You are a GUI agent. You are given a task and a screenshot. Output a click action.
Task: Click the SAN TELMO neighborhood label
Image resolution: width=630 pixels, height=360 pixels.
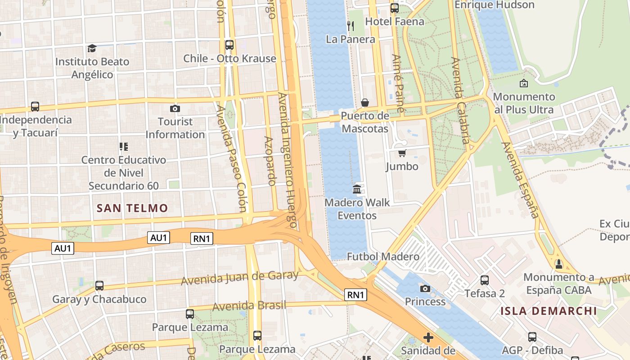(x=132, y=208)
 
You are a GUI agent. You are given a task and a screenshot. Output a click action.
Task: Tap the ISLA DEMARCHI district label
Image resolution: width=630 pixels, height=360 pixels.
(x=549, y=311)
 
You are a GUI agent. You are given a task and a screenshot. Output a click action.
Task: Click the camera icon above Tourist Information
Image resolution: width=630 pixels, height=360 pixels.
(x=175, y=108)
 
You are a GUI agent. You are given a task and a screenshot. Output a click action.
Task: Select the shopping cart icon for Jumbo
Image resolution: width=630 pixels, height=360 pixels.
(x=402, y=153)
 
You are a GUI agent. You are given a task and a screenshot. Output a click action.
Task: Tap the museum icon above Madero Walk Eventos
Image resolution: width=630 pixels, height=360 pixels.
(x=357, y=189)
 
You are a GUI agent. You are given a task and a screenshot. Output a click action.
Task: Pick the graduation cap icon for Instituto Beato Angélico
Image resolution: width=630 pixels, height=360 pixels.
(x=92, y=48)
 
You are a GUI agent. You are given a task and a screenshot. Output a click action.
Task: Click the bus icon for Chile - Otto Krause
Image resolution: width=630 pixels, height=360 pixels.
(x=229, y=45)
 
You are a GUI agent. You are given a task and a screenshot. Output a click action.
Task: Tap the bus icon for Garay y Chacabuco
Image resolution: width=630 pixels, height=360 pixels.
(x=99, y=286)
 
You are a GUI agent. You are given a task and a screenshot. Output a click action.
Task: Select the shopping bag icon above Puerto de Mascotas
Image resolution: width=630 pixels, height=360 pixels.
(x=364, y=103)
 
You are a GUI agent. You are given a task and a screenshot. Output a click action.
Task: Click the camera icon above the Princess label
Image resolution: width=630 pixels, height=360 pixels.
(x=425, y=288)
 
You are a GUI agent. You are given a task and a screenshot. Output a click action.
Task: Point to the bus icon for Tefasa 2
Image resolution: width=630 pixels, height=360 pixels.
(x=485, y=280)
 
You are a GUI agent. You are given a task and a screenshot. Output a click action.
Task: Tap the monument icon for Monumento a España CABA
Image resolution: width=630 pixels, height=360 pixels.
(x=558, y=264)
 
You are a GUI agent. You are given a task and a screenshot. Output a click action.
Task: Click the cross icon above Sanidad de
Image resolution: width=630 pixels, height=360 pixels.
(x=428, y=337)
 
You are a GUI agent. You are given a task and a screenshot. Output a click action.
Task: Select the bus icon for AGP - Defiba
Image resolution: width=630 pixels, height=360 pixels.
(x=532, y=337)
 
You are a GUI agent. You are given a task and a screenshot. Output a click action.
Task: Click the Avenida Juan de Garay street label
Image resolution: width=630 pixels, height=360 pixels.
(x=239, y=278)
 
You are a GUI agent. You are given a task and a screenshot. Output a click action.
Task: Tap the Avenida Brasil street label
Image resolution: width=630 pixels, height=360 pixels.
(x=249, y=306)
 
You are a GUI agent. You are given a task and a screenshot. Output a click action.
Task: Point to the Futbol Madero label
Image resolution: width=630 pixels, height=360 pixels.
(x=383, y=256)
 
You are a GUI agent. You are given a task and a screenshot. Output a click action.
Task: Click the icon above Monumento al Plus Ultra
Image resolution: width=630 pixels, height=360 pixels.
(x=523, y=83)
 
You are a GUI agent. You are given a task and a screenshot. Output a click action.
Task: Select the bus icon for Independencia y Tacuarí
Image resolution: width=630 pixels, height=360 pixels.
(x=35, y=107)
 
